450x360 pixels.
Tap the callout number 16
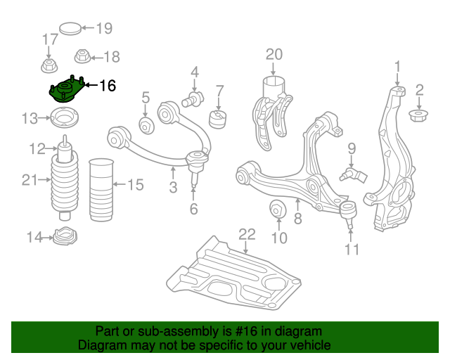click(107, 86)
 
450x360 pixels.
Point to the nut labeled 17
click(50, 67)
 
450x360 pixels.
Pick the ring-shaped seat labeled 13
click(65, 117)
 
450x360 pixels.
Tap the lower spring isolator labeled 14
click(65, 238)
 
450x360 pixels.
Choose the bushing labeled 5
click(147, 126)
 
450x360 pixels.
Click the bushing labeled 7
click(219, 117)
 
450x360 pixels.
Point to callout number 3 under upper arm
click(173, 187)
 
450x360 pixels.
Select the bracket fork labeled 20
click(274, 105)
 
